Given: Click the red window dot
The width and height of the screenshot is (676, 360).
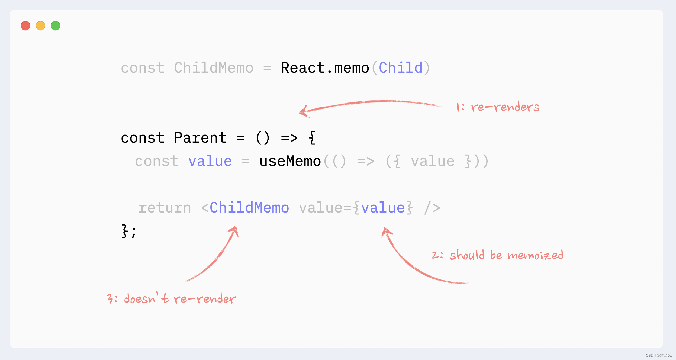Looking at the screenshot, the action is click(x=25, y=26).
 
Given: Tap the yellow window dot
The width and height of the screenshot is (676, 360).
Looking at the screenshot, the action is click(x=40, y=26).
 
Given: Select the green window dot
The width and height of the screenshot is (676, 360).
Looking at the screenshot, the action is click(x=56, y=26).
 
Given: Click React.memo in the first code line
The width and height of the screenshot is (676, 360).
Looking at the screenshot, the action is click(x=325, y=68).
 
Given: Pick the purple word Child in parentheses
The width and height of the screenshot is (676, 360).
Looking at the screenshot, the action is click(x=401, y=68).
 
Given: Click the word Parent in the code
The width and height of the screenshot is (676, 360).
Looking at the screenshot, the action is click(x=200, y=138).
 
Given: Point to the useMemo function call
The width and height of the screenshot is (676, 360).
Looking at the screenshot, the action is click(x=290, y=161).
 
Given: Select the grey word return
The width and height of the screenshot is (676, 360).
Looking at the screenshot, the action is click(x=165, y=208).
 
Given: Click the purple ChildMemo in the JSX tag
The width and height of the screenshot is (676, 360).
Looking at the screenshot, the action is click(x=249, y=208).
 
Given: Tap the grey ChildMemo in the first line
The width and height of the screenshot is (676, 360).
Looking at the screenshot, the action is click(x=214, y=68).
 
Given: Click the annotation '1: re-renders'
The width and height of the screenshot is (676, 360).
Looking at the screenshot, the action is click(x=498, y=107).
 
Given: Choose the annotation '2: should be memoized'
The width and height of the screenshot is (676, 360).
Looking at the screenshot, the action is click(x=498, y=255).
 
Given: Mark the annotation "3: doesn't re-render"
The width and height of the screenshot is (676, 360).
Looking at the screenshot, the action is click(x=171, y=298).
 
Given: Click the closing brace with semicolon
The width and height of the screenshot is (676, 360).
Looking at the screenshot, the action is click(x=128, y=231).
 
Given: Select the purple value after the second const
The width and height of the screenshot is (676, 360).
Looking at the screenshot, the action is click(x=210, y=161).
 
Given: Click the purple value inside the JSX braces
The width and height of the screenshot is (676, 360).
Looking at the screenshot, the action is click(x=383, y=208).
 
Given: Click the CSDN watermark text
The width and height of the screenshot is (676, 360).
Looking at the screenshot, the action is click(x=659, y=355).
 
